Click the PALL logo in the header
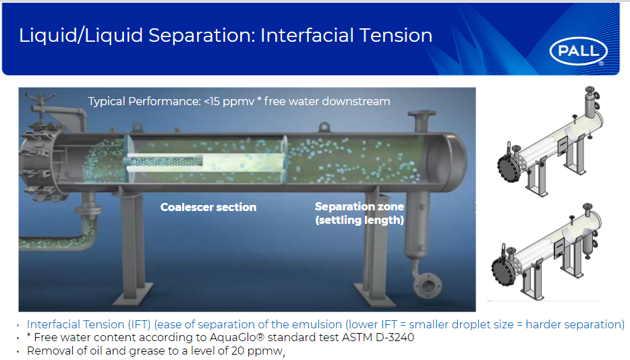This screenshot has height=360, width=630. point(578,51)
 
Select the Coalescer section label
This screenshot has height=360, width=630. point(208,207)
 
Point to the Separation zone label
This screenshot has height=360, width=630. point(359,207)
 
